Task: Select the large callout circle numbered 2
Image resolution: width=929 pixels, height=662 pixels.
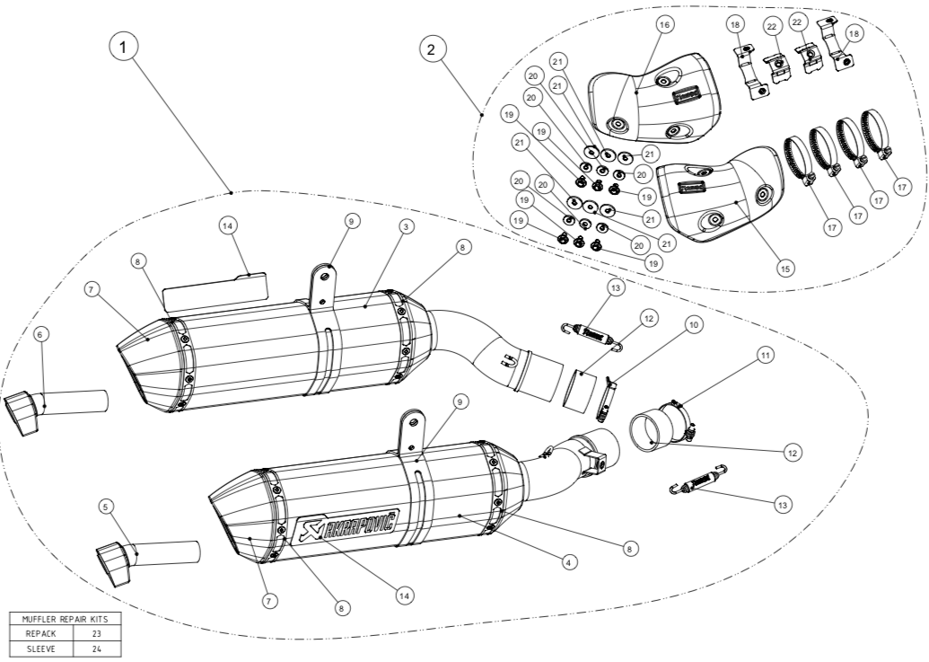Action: (x=433, y=49)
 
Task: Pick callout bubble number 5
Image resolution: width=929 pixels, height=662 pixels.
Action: (x=106, y=507)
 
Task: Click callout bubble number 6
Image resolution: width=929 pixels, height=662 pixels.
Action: (x=39, y=333)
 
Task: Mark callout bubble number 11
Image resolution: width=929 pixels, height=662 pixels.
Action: (x=765, y=357)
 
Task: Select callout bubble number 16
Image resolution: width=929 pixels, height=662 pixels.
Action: (x=664, y=27)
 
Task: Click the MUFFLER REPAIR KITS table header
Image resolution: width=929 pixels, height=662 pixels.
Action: (x=64, y=620)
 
